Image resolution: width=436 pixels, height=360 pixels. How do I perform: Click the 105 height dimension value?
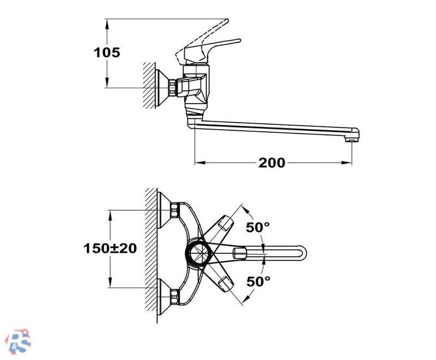click(107, 52)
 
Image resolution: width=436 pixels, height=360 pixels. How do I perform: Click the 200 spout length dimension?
click(271, 163)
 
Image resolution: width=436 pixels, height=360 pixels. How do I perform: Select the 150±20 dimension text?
click(110, 248)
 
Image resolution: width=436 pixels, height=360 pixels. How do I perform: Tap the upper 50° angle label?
click(258, 227)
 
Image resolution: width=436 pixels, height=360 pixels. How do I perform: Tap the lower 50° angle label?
click(258, 282)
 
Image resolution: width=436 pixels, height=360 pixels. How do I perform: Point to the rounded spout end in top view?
click(303, 253)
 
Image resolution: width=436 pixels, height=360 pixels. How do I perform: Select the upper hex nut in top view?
click(175, 210)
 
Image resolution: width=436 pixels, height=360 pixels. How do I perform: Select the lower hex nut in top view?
click(175, 296)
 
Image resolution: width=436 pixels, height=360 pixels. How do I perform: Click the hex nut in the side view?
click(173, 88)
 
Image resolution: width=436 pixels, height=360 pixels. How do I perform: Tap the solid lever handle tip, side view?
click(239, 41)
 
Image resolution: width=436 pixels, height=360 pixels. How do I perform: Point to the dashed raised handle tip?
click(227, 21)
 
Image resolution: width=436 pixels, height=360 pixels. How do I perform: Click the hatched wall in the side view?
click(149, 86)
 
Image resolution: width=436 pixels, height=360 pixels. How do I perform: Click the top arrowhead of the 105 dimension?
click(107, 25)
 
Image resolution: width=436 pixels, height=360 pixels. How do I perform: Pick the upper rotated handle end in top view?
click(226, 223)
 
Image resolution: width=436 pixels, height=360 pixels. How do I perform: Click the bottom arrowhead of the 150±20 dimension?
click(111, 282)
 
